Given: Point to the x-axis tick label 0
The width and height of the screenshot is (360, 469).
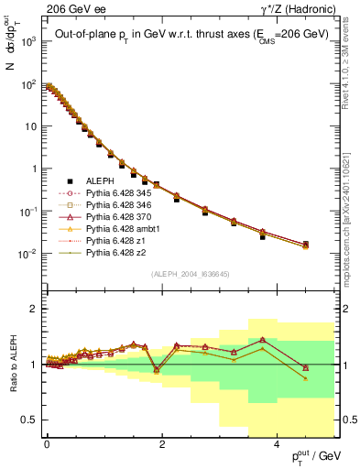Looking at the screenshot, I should click(47, 445).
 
